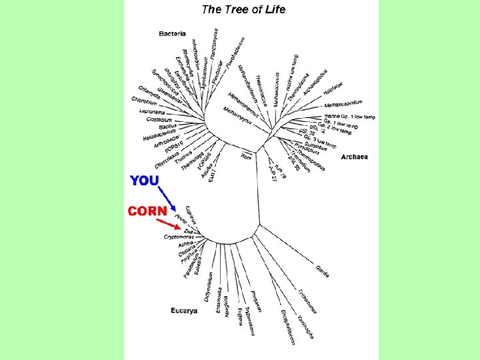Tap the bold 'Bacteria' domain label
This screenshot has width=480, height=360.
tap(172, 33)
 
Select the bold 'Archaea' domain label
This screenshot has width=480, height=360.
tap(354, 157)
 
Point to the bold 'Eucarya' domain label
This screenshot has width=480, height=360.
tap(184, 311)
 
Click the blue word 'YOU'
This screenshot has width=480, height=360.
tap(145, 181)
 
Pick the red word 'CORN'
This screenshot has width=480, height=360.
tap(147, 211)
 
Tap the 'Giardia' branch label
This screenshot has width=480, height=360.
tap(322, 271)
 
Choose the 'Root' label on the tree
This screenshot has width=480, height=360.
tap(247, 156)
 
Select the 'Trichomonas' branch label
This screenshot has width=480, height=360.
tap(307, 301)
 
